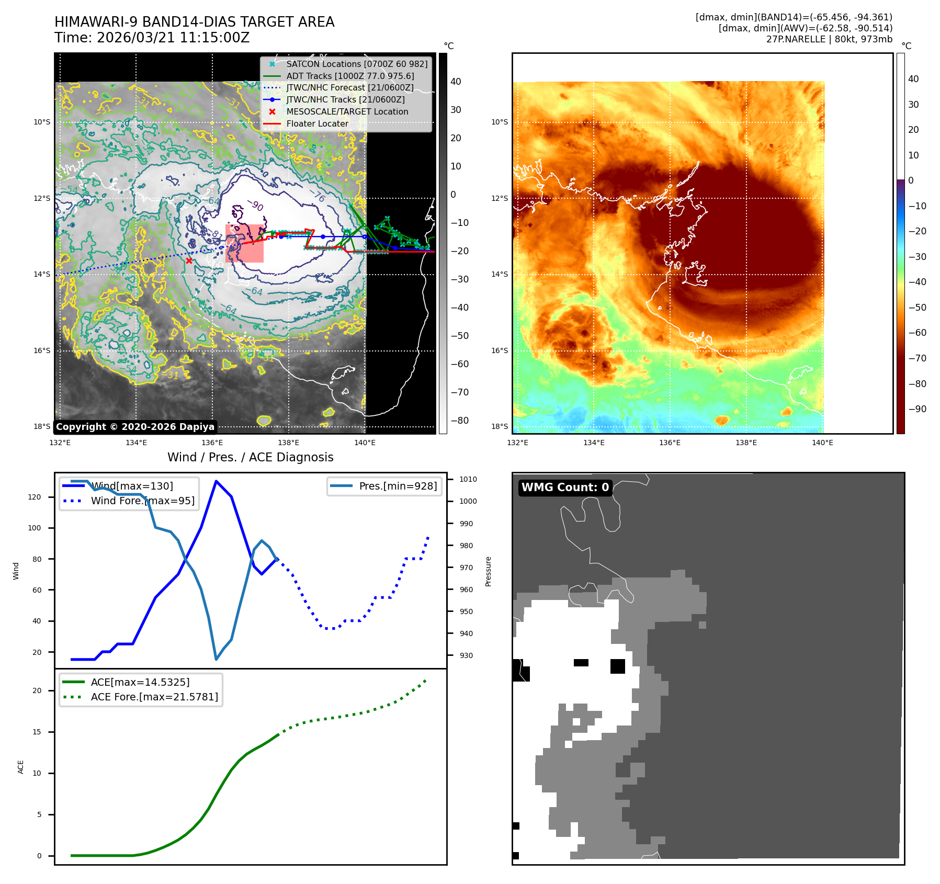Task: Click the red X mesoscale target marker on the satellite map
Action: click(189, 260)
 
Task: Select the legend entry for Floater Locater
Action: click(317, 124)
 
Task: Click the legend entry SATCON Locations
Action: click(357, 64)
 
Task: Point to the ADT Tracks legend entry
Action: click(350, 76)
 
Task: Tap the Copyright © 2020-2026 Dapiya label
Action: click(135, 427)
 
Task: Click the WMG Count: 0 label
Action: click(565, 488)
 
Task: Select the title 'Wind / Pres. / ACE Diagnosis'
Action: click(250, 458)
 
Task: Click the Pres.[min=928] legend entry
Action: click(398, 486)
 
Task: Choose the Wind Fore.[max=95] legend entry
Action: click(142, 501)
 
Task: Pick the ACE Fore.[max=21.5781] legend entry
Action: click(154, 697)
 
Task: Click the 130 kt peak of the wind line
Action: click(216, 481)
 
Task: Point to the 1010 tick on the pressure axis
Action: click(468, 479)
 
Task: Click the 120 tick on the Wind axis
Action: click(35, 497)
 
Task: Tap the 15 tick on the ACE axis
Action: click(37, 732)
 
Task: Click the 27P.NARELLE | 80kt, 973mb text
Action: click(829, 39)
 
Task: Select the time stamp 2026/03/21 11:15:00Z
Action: click(173, 38)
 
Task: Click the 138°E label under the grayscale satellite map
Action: click(288, 443)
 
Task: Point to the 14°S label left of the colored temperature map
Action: click(499, 275)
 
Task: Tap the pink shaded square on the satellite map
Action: click(244, 244)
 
